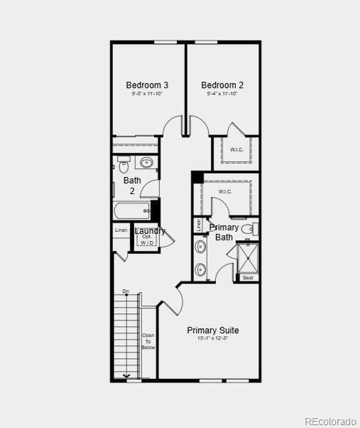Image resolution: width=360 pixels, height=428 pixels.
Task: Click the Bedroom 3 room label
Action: (x=148, y=84)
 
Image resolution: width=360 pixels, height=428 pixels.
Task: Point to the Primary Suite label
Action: (x=212, y=330)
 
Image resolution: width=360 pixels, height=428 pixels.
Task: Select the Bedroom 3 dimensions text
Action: (x=148, y=93)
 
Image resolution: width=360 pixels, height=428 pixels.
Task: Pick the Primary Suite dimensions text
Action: (x=212, y=339)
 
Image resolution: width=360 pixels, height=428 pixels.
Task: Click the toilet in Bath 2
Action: (x=123, y=166)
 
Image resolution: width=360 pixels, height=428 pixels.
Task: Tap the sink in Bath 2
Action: (x=146, y=162)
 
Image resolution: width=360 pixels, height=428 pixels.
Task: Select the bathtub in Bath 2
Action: (x=132, y=210)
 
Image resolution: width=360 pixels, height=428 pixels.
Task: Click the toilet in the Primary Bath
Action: (x=248, y=229)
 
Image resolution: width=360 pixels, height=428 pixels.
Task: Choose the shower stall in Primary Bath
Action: (x=247, y=257)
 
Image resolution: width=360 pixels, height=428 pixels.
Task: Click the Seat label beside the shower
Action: (x=247, y=277)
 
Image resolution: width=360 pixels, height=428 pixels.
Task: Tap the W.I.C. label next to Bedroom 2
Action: (x=237, y=150)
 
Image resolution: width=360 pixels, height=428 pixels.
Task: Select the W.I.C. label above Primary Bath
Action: (x=225, y=192)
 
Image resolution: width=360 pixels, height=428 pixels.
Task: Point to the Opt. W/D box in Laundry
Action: (x=147, y=240)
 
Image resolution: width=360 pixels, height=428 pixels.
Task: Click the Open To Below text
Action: (x=148, y=341)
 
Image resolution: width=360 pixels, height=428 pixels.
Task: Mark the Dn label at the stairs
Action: (x=125, y=291)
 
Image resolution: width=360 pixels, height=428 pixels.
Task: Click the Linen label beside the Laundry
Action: (x=121, y=230)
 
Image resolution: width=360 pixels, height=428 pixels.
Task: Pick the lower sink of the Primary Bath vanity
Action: (x=201, y=270)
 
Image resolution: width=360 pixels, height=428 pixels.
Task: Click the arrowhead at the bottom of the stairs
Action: (x=127, y=375)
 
